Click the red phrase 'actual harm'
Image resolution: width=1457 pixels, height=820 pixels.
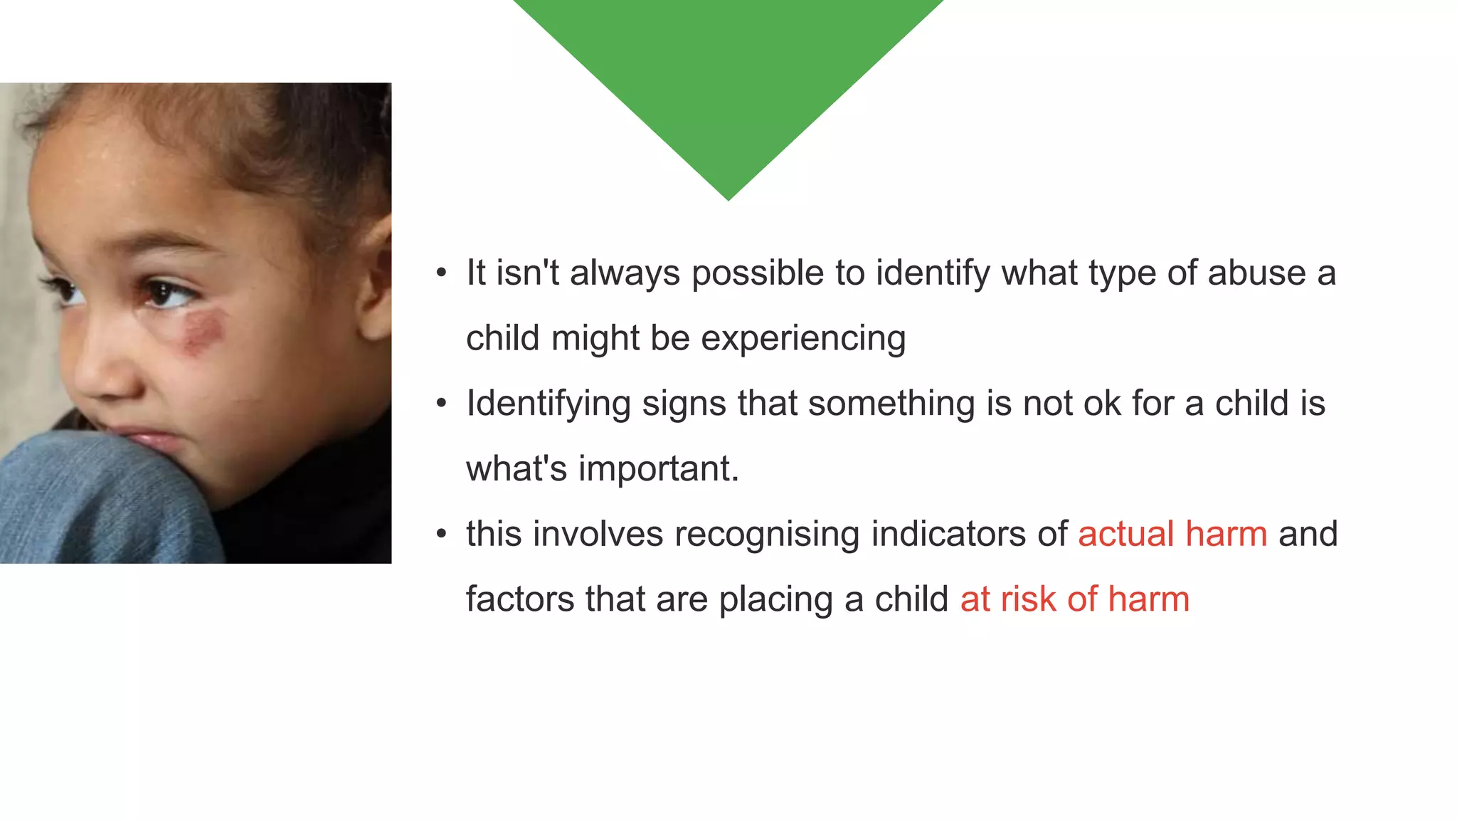pyautogui.click(x=1172, y=534)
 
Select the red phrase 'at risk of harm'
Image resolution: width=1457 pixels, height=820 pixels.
pyautogui.click(x=1074, y=599)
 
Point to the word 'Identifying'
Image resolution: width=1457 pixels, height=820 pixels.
pyautogui.click(x=549, y=404)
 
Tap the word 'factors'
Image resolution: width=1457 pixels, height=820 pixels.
pyautogui.click(x=520, y=599)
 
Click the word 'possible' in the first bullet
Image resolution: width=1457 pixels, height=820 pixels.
pyautogui.click(x=758, y=273)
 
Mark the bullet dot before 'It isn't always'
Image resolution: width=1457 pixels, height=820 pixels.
pyautogui.click(x=442, y=273)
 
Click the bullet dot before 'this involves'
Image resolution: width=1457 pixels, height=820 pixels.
pyautogui.click(x=442, y=534)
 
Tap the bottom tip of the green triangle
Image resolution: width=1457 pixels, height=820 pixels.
pyautogui.click(x=728, y=199)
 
